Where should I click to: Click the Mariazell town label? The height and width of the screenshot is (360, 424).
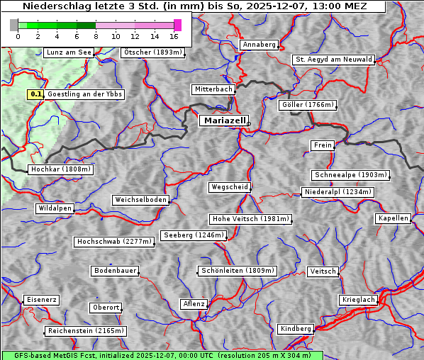pyautogui.click(x=224, y=121)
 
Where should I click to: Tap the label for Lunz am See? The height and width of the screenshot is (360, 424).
pyautogui.click(x=68, y=52)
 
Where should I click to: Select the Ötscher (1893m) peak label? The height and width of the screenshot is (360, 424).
pyautogui.click(x=152, y=52)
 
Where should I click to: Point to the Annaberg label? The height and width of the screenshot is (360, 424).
pyautogui.click(x=259, y=45)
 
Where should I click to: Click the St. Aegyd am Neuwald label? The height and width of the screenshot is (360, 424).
pyautogui.click(x=333, y=60)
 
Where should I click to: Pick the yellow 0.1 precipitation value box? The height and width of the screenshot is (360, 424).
pyautogui.click(x=36, y=94)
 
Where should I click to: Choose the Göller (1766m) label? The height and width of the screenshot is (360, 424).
pyautogui.click(x=307, y=105)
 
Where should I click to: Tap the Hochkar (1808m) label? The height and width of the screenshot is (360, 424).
pyautogui.click(x=60, y=169)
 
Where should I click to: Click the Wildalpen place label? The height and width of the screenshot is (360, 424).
pyautogui.click(x=55, y=208)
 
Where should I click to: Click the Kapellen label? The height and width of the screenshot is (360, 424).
pyautogui.click(x=394, y=218)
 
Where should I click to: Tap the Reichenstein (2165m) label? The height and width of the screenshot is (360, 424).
pyautogui.click(x=86, y=331)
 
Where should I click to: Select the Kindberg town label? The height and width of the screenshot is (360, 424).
pyautogui.click(x=296, y=329)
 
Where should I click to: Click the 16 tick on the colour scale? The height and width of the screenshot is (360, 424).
pyautogui.click(x=174, y=35)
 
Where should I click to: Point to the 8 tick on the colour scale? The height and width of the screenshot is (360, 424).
pyautogui.click(x=96, y=35)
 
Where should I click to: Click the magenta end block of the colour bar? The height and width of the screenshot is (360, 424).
pyautogui.click(x=177, y=25)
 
